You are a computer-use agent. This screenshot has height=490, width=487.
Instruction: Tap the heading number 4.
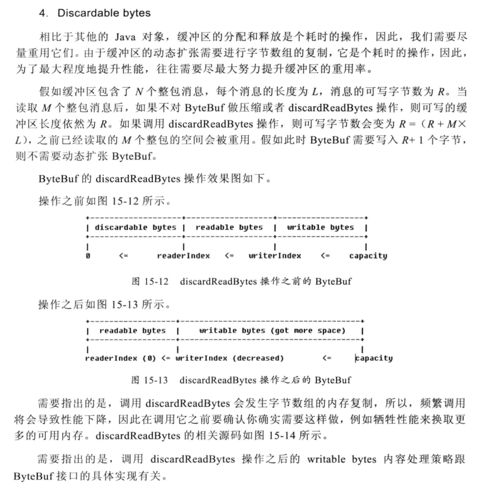click(42, 12)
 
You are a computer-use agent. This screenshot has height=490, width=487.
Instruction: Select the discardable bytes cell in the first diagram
click(135, 227)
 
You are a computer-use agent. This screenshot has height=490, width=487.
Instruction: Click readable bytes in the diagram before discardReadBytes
click(229, 227)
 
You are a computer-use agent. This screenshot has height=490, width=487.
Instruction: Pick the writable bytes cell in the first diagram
click(320, 227)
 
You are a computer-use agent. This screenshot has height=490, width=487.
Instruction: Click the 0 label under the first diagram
click(88, 256)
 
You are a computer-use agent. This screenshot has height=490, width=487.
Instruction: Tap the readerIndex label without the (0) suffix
click(183, 256)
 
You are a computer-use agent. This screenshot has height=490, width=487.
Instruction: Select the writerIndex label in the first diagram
click(274, 256)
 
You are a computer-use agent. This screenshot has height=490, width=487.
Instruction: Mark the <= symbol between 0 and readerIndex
click(123, 256)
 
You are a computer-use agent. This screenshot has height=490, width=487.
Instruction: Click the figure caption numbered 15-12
click(241, 281)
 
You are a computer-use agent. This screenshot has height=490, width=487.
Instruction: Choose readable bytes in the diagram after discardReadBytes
click(132, 330)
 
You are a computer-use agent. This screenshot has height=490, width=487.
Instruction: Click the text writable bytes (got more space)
click(272, 330)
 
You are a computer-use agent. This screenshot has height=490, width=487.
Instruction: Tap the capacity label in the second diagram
click(374, 358)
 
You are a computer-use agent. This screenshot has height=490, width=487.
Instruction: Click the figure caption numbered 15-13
click(241, 380)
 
